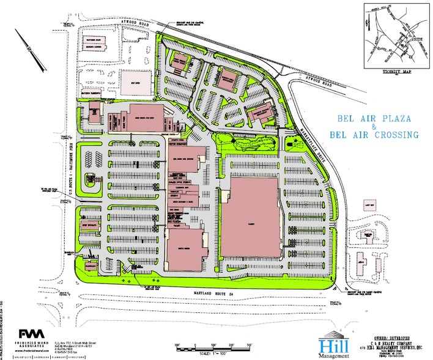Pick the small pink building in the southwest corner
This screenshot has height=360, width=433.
pos(91,265)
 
